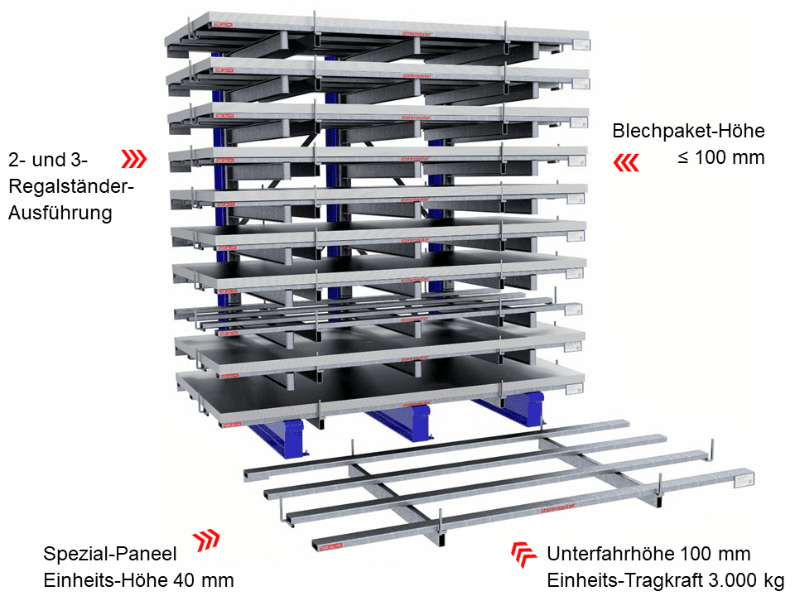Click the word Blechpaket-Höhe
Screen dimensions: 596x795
pyautogui.click(x=688, y=131)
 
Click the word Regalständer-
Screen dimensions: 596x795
pyautogui.click(x=70, y=186)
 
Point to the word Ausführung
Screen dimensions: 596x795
pyautogui.click(x=60, y=213)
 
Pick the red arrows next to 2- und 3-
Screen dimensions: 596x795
pyautogui.click(x=134, y=159)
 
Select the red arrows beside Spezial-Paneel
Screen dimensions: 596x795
pyautogui.click(x=206, y=541)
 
